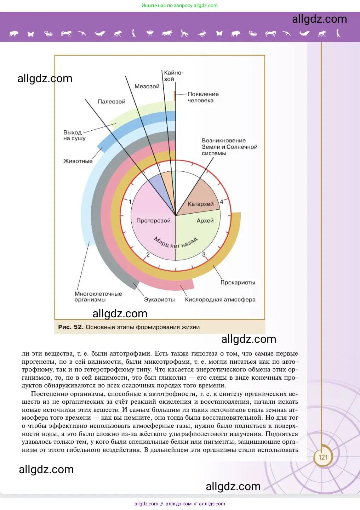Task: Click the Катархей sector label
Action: click(201, 204)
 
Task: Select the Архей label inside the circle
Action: click(205, 221)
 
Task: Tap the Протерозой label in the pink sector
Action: click(153, 221)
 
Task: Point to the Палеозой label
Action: click(112, 102)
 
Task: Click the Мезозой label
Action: click(147, 86)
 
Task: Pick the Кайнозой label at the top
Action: click(173, 76)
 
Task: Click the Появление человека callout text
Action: click(203, 97)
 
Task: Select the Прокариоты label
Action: click(238, 282)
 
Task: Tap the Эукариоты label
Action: click(159, 300)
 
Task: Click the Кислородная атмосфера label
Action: click(220, 300)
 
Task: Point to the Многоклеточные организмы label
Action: click(98, 297)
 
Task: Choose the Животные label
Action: click(78, 161)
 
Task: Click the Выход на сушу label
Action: click(74, 135)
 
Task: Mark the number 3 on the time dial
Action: click(204, 255)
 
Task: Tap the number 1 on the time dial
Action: click(130, 202)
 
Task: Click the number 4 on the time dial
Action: click(222, 202)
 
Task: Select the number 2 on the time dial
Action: click(148, 255)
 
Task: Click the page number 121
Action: click(323, 457)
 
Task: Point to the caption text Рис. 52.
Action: click(71, 327)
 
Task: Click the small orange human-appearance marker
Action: click(175, 95)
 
